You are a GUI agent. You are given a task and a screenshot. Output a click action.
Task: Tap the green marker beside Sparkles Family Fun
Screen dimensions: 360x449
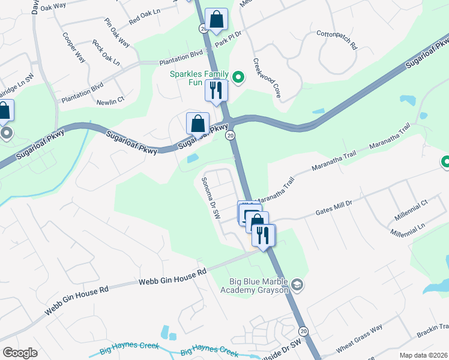coord(238,77)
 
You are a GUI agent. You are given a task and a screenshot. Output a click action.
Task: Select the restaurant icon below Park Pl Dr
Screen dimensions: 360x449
coord(216,91)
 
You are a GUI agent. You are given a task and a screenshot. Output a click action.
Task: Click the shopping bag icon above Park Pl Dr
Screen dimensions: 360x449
coord(216,20)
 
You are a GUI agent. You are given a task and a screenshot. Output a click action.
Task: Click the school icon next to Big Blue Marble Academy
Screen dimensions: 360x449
coord(298,284)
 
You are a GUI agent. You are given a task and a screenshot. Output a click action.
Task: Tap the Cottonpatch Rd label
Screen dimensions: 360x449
coord(337,40)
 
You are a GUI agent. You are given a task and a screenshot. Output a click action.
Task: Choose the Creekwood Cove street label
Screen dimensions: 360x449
coord(266,77)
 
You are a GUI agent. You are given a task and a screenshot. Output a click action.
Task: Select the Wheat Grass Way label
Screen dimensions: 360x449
coord(359,339)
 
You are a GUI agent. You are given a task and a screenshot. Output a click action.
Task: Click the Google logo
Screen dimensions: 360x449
coord(20,353)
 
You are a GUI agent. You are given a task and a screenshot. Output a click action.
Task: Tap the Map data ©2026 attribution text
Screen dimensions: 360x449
coord(423,355)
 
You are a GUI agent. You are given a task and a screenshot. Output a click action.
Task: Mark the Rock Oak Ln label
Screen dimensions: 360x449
coord(106,53)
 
